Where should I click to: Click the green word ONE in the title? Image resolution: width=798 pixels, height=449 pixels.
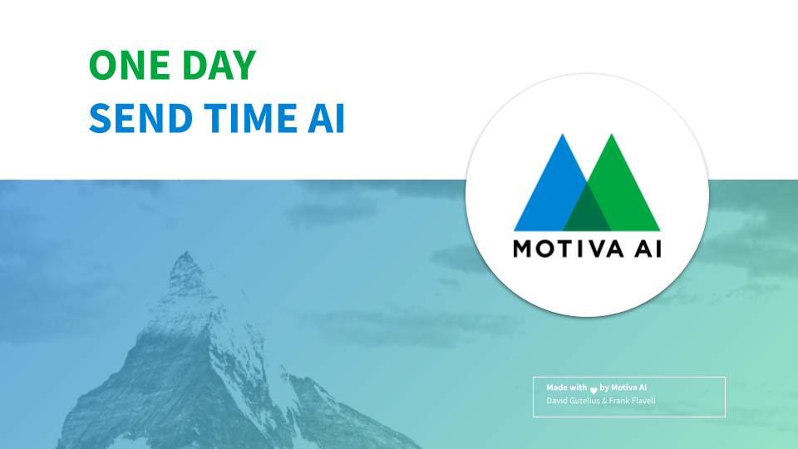[130, 65]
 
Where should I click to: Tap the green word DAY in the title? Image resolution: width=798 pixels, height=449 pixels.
[219, 65]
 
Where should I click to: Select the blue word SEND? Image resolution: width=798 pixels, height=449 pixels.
[140, 119]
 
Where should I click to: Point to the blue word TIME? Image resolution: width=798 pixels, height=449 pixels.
[250, 119]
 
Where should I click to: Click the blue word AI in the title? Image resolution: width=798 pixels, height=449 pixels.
[326, 119]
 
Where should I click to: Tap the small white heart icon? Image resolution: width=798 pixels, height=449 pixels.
[594, 391]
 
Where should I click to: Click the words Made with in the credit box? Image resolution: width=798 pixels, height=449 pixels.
[567, 387]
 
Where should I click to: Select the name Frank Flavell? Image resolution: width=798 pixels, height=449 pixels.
[632, 401]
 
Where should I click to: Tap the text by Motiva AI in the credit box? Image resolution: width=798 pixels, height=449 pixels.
[623, 387]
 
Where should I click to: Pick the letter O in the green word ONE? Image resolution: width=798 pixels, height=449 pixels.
[104, 65]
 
